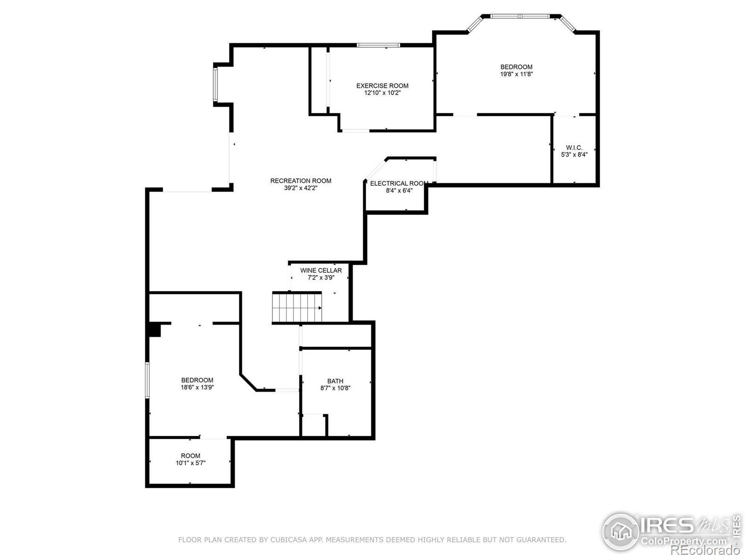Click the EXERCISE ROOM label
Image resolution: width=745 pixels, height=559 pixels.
382,86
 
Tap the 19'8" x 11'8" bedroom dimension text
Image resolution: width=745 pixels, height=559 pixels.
516,74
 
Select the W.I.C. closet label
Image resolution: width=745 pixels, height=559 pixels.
574,148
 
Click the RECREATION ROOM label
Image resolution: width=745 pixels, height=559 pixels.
301,181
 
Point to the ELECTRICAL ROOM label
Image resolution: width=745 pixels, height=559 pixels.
399,184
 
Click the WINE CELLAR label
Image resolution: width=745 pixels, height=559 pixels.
321,270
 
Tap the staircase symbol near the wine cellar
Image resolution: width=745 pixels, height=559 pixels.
297,307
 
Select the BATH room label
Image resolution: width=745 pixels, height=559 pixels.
335,381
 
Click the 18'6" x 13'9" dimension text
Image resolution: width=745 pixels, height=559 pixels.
197,387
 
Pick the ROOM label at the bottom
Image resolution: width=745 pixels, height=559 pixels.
190,456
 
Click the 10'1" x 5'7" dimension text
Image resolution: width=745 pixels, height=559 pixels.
190,463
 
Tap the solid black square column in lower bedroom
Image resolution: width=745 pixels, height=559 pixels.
154,330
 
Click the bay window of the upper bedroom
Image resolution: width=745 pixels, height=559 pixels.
521,16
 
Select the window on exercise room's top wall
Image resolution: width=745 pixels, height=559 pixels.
378,45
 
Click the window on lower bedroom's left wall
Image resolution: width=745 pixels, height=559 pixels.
147,380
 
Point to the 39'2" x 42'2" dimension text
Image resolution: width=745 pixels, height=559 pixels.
301,188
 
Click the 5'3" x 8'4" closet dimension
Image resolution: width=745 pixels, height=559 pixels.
574,155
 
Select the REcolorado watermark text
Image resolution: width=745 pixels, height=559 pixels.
704,551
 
